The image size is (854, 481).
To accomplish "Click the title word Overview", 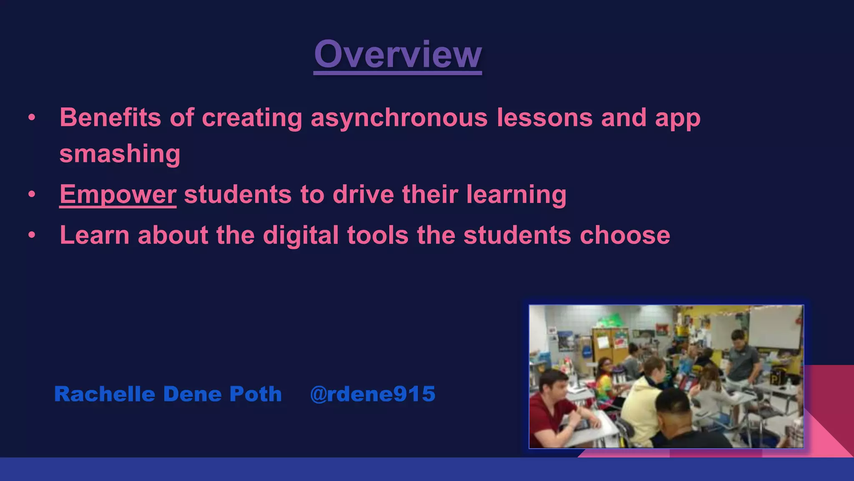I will (x=398, y=54).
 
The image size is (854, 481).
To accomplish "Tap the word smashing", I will (x=120, y=154).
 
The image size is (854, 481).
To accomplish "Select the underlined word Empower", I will (x=118, y=195).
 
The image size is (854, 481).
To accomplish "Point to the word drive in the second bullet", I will (x=363, y=195).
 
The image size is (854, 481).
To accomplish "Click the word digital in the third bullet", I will (x=300, y=235).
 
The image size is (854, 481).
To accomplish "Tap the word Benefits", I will (x=110, y=117).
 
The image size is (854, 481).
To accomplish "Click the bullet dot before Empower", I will (x=32, y=195).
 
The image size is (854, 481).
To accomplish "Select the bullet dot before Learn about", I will (x=32, y=235).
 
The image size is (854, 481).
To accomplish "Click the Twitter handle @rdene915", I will (x=372, y=394).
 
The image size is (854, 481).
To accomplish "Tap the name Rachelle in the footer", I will (x=104, y=394).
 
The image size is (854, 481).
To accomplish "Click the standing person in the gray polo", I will (x=742, y=359).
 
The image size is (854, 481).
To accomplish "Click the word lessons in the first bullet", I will (x=544, y=118).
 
